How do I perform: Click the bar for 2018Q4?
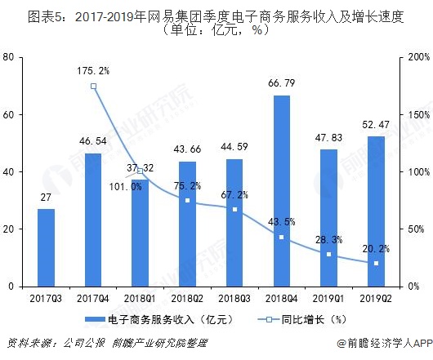point(281,191)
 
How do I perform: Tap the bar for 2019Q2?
point(376,211)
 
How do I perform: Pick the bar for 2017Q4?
point(93,220)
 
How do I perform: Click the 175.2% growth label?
point(95,70)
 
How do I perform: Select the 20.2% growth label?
point(376,249)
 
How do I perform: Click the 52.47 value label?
point(376,124)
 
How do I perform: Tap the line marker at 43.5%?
point(281,237)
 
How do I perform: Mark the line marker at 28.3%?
point(328,254)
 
